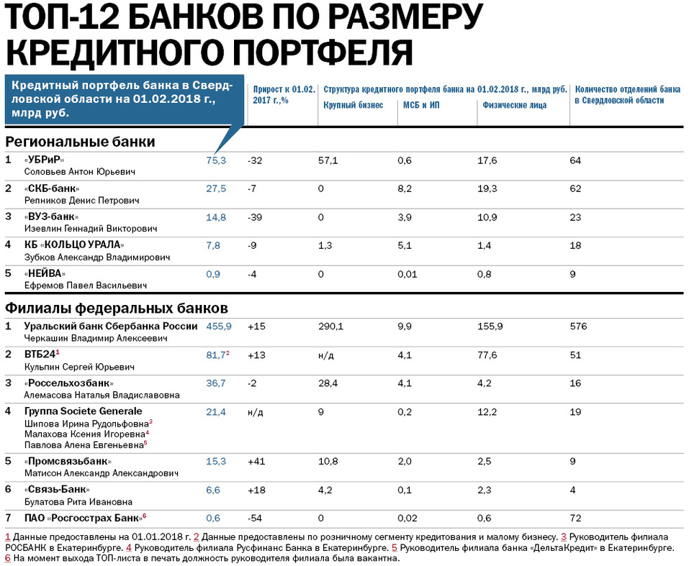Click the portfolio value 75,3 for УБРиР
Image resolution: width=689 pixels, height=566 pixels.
coord(216,160)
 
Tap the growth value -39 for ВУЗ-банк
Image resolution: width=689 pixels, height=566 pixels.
coord(255,216)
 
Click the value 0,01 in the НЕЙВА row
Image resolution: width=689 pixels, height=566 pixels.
coord(407,273)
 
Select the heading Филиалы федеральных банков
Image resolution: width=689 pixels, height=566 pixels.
coord(117,309)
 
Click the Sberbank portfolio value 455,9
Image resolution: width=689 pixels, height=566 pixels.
coord(219,326)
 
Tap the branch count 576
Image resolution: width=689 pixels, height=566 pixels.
coord(577,326)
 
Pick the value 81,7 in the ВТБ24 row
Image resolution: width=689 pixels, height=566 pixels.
coord(216,355)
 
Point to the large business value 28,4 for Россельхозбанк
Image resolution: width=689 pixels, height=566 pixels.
coord(328,383)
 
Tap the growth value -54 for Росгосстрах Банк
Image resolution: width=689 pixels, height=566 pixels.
coord(255,518)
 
